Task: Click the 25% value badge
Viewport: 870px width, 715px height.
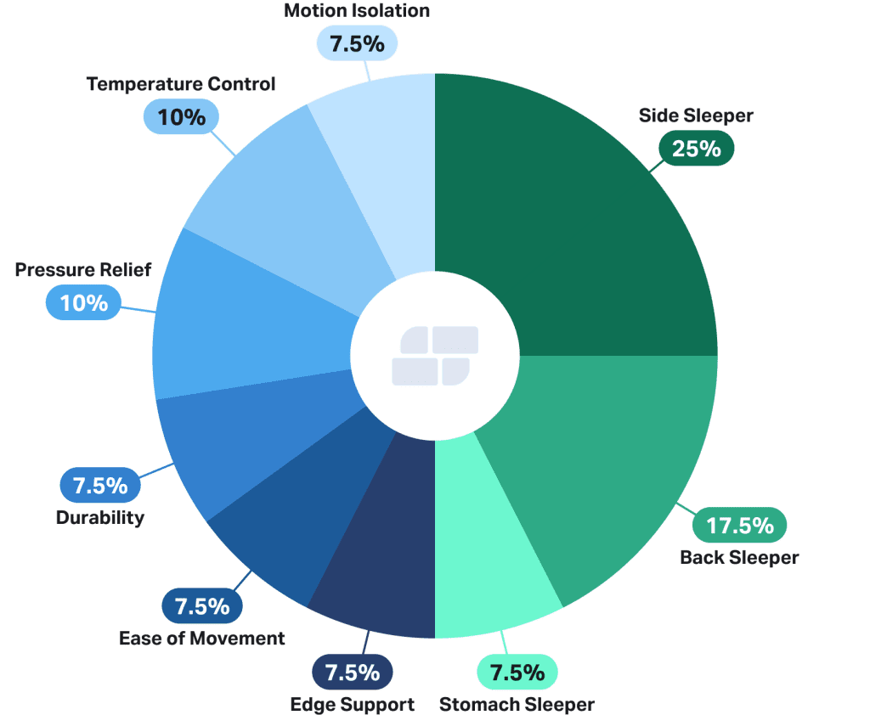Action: click(696, 149)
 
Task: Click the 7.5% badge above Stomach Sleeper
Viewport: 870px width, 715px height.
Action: click(517, 673)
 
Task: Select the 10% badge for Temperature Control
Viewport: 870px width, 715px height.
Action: click(182, 116)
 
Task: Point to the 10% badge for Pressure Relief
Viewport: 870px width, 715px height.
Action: click(84, 302)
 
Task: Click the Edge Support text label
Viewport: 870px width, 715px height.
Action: click(352, 704)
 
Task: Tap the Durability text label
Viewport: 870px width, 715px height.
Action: click(100, 517)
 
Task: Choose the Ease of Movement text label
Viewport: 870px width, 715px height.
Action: click(202, 638)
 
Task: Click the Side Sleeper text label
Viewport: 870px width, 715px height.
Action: click(696, 115)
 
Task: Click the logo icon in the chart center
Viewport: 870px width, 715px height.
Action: click(434, 355)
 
